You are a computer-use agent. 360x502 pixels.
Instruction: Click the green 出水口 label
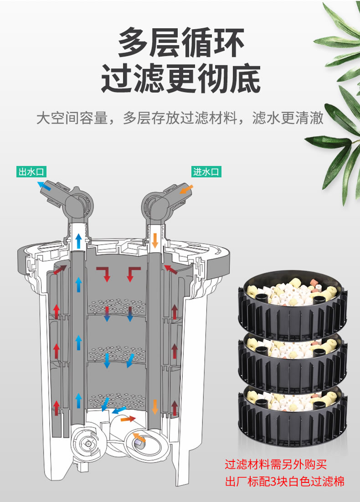[x=31, y=171]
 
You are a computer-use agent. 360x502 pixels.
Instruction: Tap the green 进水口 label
[x=206, y=171]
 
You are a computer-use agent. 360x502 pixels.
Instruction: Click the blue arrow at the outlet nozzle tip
[x=44, y=186]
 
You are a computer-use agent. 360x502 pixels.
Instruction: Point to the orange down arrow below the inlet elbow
[x=155, y=240]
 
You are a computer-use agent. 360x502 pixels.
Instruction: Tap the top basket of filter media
[x=293, y=304]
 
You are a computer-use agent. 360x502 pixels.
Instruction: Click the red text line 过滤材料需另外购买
[x=276, y=464]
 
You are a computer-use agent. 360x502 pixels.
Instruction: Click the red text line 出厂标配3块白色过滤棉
[x=284, y=481]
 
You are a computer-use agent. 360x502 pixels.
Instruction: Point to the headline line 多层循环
[x=181, y=42]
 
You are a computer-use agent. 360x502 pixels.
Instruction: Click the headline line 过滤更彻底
[x=181, y=79]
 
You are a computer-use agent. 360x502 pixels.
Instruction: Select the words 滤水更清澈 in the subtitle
[x=288, y=118]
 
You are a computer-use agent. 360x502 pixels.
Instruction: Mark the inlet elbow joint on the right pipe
[x=156, y=205]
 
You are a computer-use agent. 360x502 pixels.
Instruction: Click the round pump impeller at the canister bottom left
[x=87, y=443]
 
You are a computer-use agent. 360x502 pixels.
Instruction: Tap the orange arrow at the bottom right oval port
[x=139, y=437]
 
